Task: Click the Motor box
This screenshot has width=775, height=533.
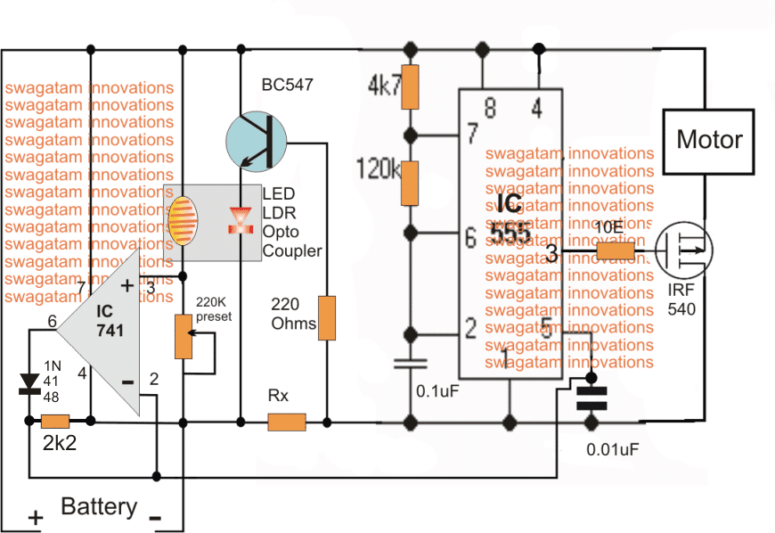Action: coord(709,139)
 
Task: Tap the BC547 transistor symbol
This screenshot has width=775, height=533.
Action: coord(257,139)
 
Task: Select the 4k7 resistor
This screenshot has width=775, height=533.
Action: coord(411,86)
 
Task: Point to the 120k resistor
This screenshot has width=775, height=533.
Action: coord(411,181)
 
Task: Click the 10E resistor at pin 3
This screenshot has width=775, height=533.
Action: coord(615,252)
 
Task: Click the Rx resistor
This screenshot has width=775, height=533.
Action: coord(287,421)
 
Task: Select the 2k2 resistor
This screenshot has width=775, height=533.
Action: coord(56,421)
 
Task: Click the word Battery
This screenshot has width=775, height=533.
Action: coord(99,507)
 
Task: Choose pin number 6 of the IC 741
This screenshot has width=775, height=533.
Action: coord(52,321)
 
